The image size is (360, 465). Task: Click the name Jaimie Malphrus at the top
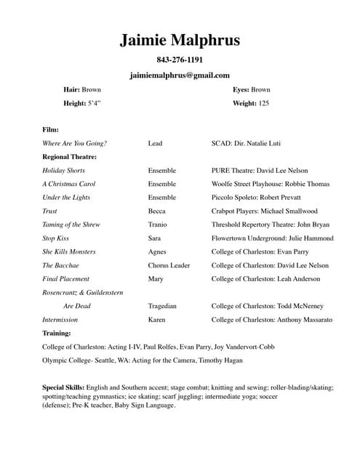tap(180, 41)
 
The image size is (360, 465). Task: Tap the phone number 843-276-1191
tap(180, 60)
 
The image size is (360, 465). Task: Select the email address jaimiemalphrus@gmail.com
tap(180, 75)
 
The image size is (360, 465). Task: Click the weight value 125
tap(263, 104)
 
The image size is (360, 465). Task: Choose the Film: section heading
tap(51, 129)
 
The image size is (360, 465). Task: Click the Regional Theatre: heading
tap(70, 156)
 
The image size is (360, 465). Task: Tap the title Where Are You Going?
tap(75, 143)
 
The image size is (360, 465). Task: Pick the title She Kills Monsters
tap(69, 251)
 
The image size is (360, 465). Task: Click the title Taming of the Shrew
tap(73, 225)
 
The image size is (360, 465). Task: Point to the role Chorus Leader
tap(169, 265)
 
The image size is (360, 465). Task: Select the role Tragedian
tap(162, 306)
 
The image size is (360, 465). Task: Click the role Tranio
tap(158, 225)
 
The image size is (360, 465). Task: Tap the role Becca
tap(156, 211)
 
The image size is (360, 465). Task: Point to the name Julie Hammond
tap(308, 238)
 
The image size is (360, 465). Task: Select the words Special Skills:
tap(63, 388)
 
